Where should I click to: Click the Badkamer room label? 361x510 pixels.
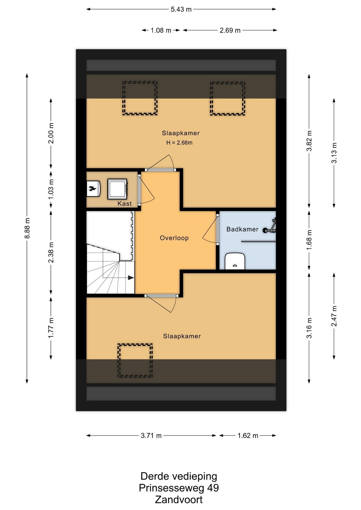point(242,229)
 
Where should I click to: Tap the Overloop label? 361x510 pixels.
point(174,238)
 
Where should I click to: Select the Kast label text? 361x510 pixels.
point(125,203)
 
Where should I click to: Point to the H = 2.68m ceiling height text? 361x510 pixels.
point(179,143)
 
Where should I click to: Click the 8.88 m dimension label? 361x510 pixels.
point(27,228)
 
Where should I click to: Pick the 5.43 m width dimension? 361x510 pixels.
point(181,9)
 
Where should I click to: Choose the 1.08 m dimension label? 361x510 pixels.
point(161,30)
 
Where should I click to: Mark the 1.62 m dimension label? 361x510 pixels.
point(248,436)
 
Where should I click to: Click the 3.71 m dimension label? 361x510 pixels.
point(151,436)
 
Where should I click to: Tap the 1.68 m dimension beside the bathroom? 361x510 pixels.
point(309,240)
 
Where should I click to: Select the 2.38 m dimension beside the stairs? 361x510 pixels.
point(51,252)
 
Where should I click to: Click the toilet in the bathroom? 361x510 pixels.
point(235,261)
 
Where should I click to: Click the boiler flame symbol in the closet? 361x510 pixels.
point(93,189)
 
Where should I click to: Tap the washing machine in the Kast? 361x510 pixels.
point(117,189)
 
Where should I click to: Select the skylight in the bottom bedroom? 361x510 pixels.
point(135,360)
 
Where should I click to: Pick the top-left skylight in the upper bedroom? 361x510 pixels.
point(140,98)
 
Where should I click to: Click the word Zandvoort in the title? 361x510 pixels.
point(179,500)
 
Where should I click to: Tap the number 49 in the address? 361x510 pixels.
point(213,488)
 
